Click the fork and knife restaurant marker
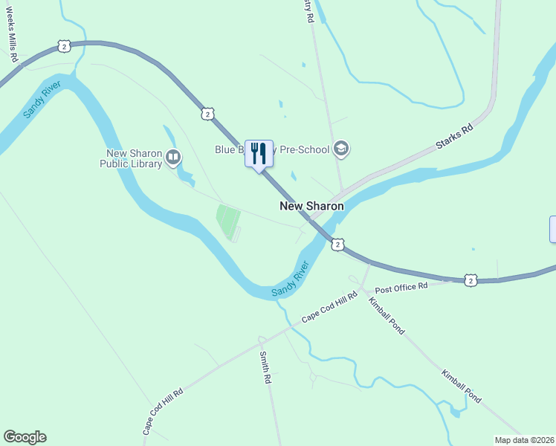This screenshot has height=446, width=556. [259, 154]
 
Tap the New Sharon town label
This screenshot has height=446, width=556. [311, 206]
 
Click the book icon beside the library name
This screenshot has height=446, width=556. [173, 156]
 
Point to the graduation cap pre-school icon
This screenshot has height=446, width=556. [341, 149]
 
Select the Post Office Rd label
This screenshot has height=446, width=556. [401, 287]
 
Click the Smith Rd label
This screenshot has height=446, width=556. [265, 367]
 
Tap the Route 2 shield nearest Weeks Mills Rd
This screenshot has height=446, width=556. [65, 46]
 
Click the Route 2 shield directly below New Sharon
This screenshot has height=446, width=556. [338, 244]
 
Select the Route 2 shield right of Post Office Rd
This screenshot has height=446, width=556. [471, 279]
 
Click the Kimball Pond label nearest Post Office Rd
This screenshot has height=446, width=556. [387, 314]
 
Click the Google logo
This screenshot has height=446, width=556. [25, 437]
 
